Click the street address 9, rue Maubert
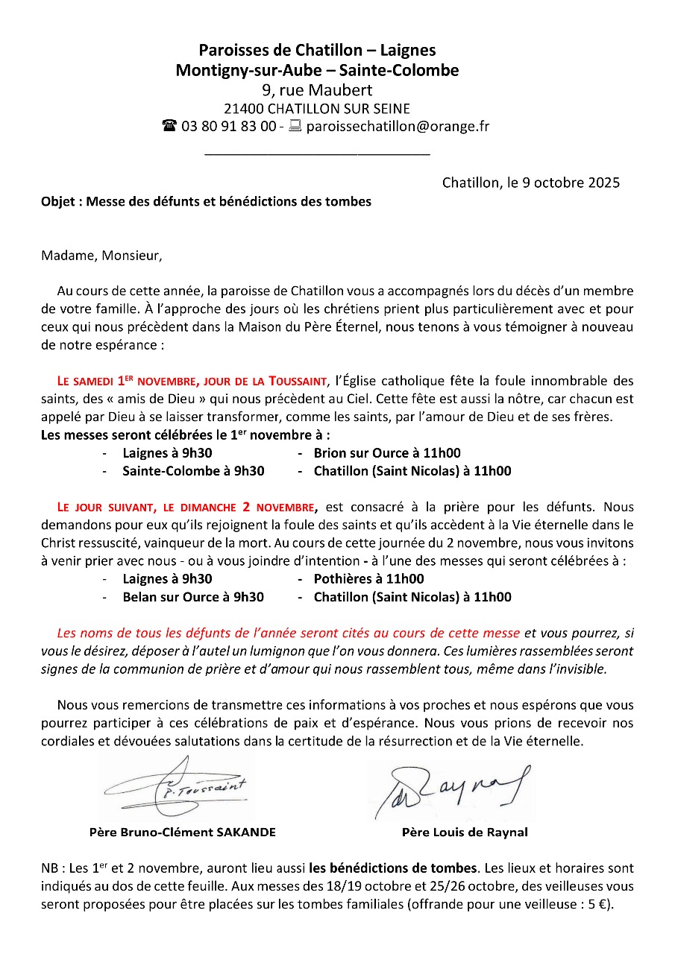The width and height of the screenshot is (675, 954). pos(317,90)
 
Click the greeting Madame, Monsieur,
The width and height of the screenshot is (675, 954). pos(101,256)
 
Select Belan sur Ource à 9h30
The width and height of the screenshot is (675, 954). pos(193,597)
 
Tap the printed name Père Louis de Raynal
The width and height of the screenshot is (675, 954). pos(465,833)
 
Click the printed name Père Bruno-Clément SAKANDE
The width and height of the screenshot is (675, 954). pos(182,833)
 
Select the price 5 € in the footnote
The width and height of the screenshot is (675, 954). pos(597,904)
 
